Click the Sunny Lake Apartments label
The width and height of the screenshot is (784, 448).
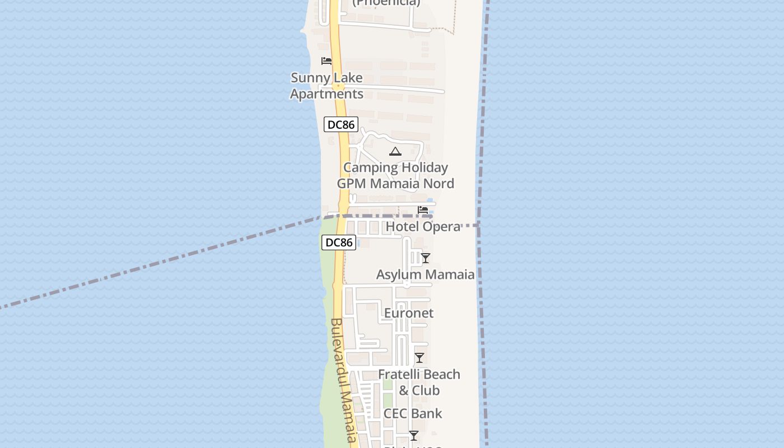point(326,86)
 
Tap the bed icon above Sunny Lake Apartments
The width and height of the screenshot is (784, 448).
point(326,61)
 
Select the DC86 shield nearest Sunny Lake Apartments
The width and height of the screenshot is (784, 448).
point(340,124)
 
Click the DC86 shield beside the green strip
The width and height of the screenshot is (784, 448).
point(339,242)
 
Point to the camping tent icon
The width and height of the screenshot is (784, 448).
point(395,151)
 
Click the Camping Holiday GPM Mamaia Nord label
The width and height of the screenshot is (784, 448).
point(395,175)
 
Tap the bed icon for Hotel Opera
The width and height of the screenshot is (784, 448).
point(423,210)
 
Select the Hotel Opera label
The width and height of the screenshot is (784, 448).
point(423,227)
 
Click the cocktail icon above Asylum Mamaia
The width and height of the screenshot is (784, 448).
point(426,258)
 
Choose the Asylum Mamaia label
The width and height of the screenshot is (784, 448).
point(425,274)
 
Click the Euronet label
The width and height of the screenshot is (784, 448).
point(409,313)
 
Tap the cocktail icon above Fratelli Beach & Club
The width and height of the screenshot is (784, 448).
point(419,358)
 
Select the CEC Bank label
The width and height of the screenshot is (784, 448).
point(413,413)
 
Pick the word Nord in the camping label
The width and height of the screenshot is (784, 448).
point(438,184)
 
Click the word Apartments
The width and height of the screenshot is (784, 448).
point(326,94)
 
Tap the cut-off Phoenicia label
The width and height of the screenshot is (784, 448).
point(386,3)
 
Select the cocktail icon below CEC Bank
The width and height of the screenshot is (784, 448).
point(414,435)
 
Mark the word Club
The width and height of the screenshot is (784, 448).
point(426,390)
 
